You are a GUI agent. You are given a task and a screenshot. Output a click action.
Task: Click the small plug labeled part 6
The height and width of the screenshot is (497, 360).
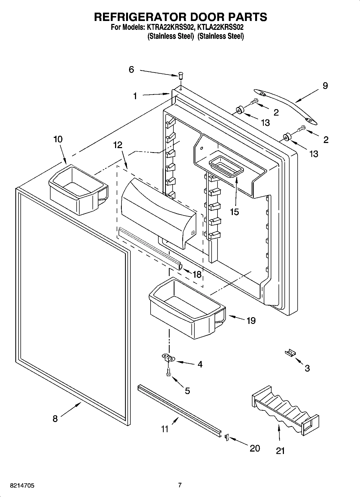(181, 75)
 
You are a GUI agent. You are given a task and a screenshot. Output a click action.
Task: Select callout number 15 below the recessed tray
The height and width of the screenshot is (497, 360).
(234, 212)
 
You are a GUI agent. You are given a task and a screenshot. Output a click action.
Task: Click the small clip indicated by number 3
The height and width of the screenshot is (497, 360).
(290, 353)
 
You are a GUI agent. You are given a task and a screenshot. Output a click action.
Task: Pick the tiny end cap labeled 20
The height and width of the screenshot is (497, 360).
(226, 437)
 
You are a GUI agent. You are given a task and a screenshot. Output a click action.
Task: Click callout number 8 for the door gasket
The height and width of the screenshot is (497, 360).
(55, 419)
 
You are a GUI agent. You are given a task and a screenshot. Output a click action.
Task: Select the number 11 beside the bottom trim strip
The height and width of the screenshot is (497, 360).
(165, 428)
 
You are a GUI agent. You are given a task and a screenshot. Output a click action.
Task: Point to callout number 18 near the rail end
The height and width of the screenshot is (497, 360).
(197, 274)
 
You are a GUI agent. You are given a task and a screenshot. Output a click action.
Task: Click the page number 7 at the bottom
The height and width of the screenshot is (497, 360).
(180, 485)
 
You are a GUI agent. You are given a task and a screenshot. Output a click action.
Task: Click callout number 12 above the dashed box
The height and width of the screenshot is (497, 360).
(117, 145)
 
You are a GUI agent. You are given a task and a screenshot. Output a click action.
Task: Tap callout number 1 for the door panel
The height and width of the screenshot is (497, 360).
(135, 96)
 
